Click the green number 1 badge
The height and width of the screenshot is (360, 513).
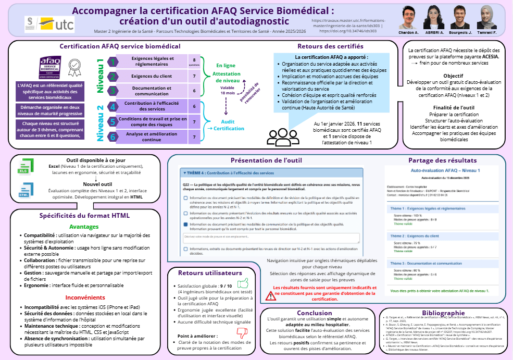point(112,62)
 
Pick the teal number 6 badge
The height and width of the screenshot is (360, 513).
point(112,136)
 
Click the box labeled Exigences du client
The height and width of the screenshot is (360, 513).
point(152,76)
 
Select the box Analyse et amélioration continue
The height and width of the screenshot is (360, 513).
point(152,136)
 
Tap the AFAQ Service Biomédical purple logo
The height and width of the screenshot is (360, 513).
point(51,67)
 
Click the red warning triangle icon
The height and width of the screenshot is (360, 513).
point(270,296)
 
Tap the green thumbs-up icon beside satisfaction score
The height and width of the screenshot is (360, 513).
point(242,284)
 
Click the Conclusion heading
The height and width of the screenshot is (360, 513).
point(314,313)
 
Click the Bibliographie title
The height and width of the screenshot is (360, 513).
point(443,313)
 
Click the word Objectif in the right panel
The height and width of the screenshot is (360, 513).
point(453,75)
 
